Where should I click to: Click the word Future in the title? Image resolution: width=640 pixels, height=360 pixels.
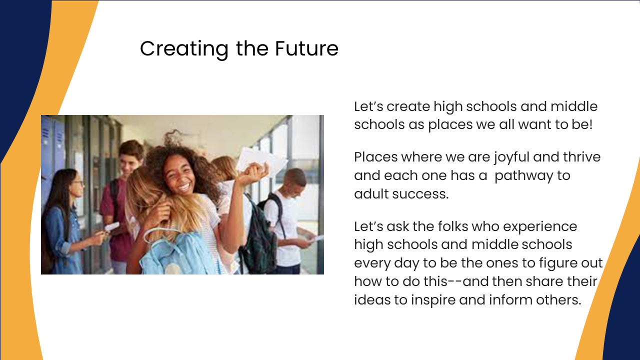point(306,48)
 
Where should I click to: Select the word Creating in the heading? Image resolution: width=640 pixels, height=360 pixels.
point(184,49)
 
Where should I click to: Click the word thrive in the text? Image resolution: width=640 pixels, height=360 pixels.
point(581,157)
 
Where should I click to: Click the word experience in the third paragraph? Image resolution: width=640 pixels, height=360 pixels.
point(540,227)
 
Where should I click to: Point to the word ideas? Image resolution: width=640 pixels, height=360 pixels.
point(372,299)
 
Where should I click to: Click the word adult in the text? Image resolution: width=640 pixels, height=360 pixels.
point(371,193)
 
